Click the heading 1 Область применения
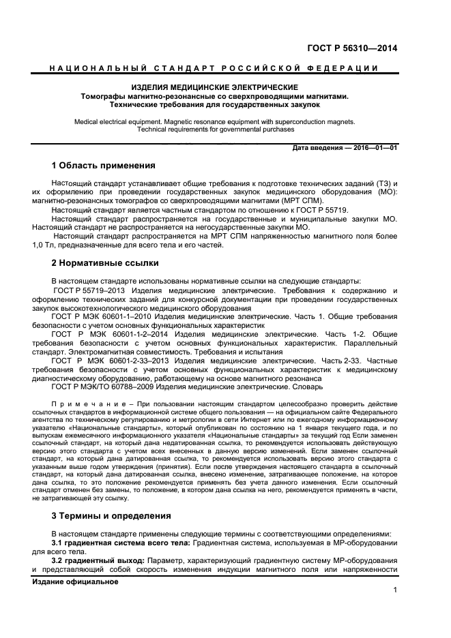coord(104,166)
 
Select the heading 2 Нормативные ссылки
coord(105,262)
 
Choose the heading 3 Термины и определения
coord(111,515)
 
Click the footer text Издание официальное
coord(75,581)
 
